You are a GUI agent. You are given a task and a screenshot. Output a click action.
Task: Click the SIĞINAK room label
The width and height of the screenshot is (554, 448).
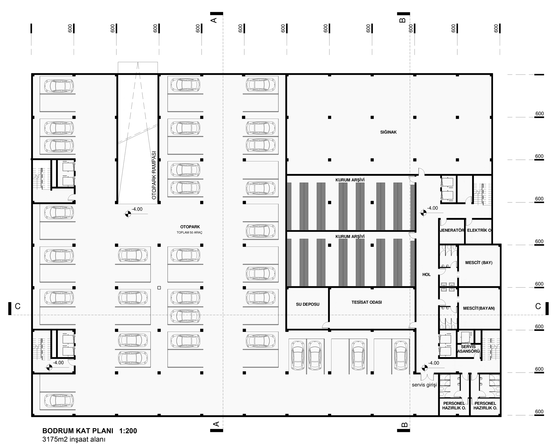tap(388, 132)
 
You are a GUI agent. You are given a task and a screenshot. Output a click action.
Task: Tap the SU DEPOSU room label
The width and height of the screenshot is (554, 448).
tap(307, 304)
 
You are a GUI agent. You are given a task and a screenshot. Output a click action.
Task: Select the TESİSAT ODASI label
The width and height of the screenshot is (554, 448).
tap(367, 302)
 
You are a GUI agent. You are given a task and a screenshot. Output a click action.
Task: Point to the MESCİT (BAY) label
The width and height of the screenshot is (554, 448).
tap(479, 262)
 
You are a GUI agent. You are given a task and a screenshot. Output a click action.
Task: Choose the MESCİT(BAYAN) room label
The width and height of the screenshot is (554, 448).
tap(479, 308)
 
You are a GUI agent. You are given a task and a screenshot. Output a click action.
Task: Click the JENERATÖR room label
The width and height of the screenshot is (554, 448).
tap(452, 230)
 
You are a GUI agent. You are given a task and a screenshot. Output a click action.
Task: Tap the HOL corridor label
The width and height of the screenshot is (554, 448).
tap(427, 275)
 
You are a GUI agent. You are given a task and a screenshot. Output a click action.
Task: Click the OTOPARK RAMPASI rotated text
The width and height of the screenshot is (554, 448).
tap(154, 175)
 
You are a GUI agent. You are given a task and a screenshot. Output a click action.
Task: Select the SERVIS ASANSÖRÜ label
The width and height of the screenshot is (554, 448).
tap(468, 349)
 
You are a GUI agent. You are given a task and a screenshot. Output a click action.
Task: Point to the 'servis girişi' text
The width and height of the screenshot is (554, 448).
tap(424, 385)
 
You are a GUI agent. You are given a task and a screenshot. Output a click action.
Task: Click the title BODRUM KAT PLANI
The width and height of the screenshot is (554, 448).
tap(78, 431)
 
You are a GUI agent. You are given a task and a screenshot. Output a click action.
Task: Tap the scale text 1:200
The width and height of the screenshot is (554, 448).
tap(128, 431)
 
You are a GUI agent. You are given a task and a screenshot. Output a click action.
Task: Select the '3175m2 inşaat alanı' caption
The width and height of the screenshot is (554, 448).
tap(74, 439)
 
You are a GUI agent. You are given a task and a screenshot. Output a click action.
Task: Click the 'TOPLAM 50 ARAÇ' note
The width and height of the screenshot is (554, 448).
tap(189, 233)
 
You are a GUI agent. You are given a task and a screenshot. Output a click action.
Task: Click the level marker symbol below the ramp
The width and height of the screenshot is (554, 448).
tap(128, 214)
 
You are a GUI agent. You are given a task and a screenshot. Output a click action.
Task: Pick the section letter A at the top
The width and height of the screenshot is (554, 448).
tap(214, 20)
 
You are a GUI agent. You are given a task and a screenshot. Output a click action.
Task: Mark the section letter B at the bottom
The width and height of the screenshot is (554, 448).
tap(404, 424)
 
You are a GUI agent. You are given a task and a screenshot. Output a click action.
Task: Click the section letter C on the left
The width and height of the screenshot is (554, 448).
tap(18, 306)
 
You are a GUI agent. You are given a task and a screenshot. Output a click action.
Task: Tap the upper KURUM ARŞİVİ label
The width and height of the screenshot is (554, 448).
tap(350, 180)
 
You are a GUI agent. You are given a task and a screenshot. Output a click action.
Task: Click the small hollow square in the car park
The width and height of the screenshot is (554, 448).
tap(159, 288)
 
